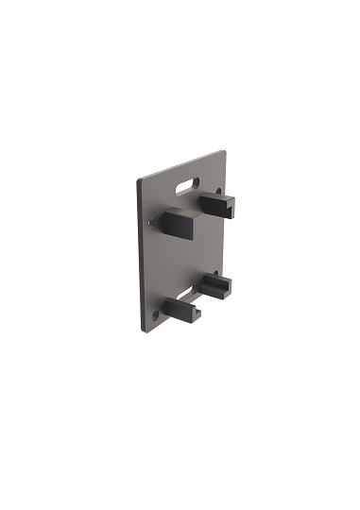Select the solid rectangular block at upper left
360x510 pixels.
[x=178, y=223]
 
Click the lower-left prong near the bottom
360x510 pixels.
[x=180, y=310]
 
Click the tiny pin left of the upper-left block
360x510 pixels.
[x=152, y=224]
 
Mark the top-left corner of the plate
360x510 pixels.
[x=139, y=179]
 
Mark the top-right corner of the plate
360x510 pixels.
[x=226, y=149]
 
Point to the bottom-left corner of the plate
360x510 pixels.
[x=141, y=331]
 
